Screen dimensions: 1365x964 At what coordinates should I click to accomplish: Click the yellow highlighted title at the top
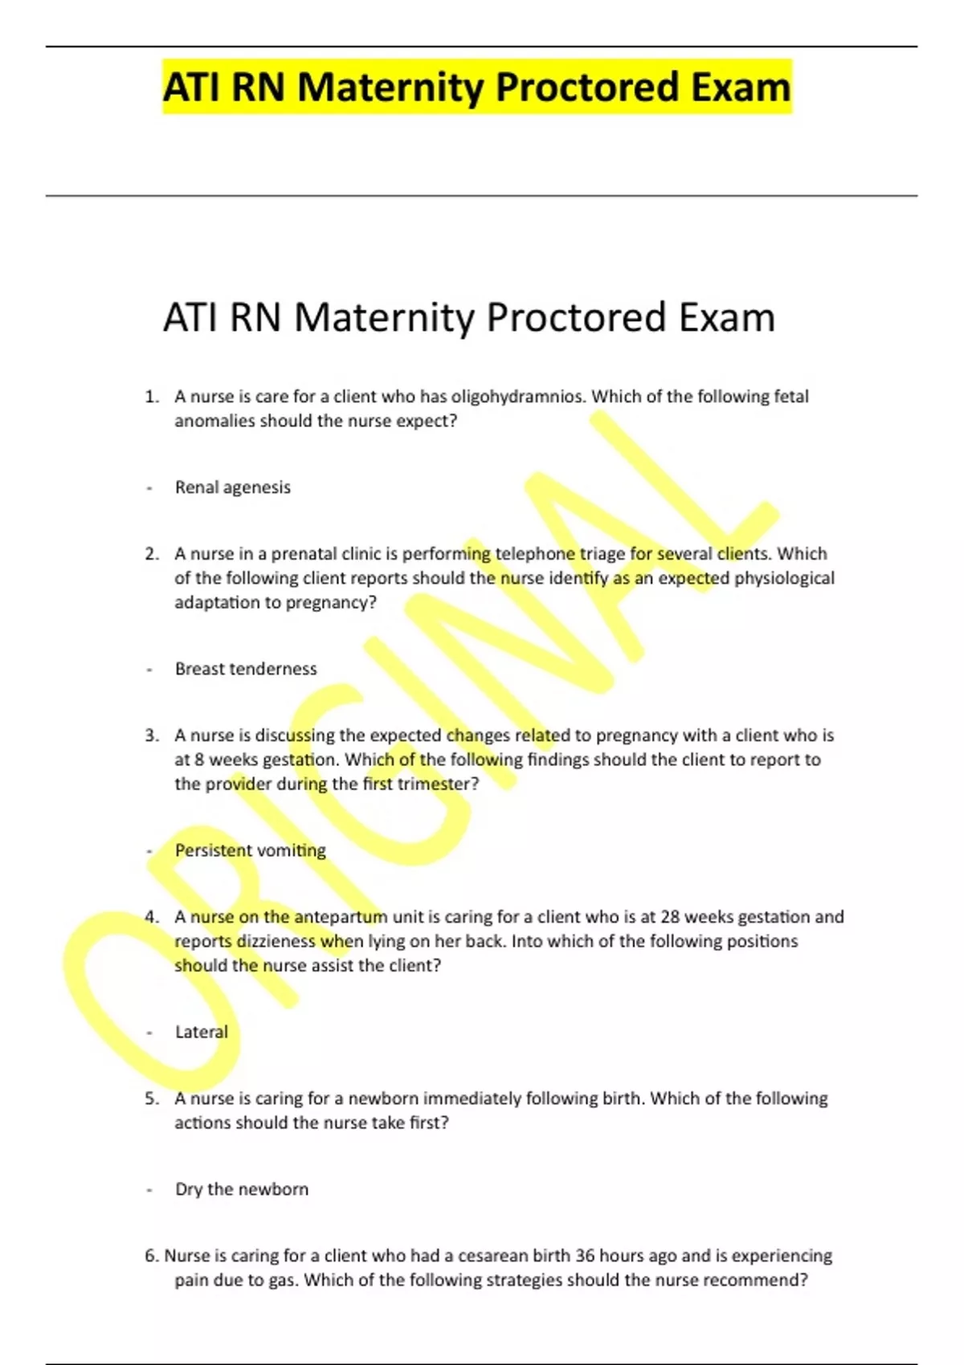tap(476, 87)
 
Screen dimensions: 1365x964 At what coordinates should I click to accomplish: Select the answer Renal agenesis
tap(233, 487)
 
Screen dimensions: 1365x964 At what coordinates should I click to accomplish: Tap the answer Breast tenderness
tap(246, 669)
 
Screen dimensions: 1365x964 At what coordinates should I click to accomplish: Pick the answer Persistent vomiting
tap(251, 850)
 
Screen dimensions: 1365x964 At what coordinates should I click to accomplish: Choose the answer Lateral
tap(202, 1032)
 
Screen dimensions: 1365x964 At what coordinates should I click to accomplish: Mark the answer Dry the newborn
tap(242, 1189)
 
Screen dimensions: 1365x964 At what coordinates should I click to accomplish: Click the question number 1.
tap(152, 397)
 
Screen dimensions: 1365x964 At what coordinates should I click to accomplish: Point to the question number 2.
tap(152, 554)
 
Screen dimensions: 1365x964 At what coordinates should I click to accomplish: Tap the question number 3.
tap(152, 735)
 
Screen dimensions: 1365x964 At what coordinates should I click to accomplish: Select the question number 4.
tap(152, 917)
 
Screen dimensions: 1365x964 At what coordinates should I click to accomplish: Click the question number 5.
tap(152, 1098)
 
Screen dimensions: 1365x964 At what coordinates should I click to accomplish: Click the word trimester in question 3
tap(437, 784)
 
